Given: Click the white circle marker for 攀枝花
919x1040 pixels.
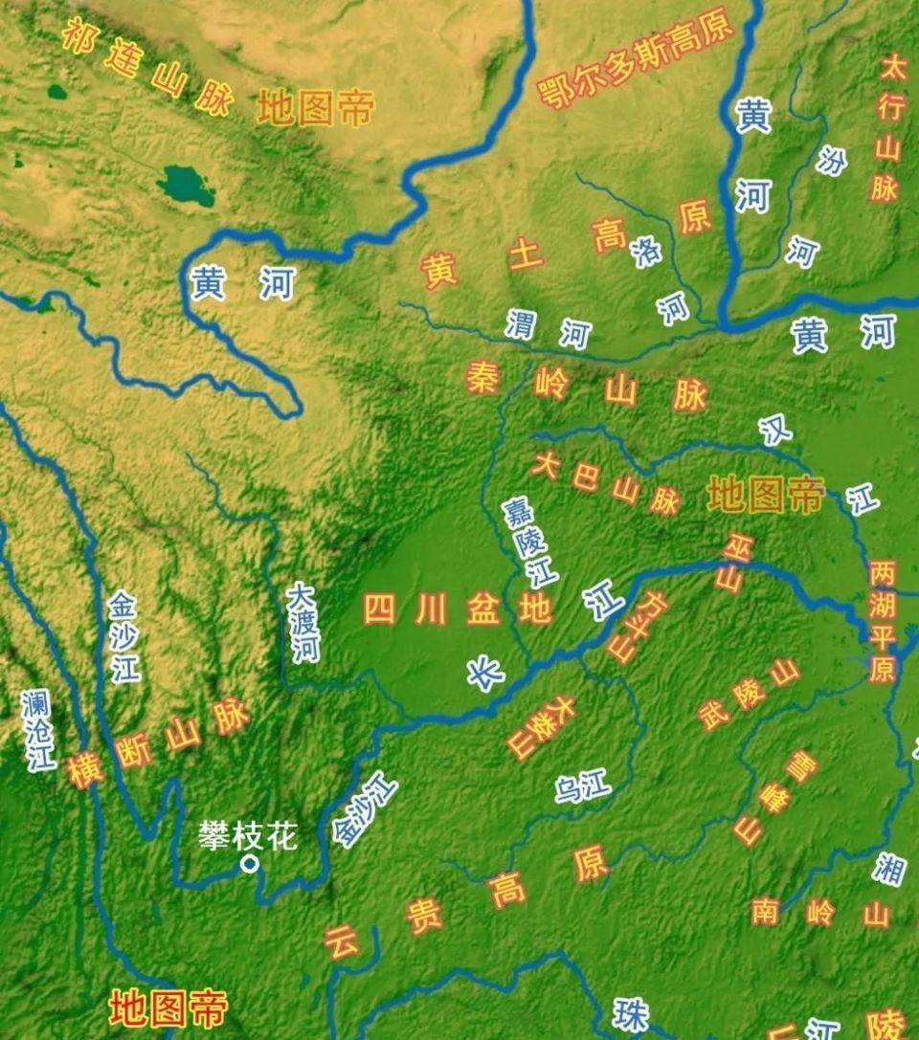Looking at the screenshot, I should [x=250, y=864].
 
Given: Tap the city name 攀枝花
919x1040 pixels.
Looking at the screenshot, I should [x=248, y=835].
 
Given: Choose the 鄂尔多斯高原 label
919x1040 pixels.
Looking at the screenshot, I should [x=636, y=57].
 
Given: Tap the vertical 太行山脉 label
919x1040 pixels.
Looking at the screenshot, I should [x=887, y=128].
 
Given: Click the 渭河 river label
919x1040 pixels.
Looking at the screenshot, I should [x=549, y=327].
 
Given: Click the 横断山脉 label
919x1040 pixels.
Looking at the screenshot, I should [x=159, y=743].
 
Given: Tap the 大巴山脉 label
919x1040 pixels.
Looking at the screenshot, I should [x=606, y=483].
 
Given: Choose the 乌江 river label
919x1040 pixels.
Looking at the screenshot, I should [x=582, y=788].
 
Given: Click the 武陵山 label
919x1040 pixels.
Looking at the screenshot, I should [x=748, y=694].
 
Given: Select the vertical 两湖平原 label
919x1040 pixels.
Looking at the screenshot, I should [x=882, y=621].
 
